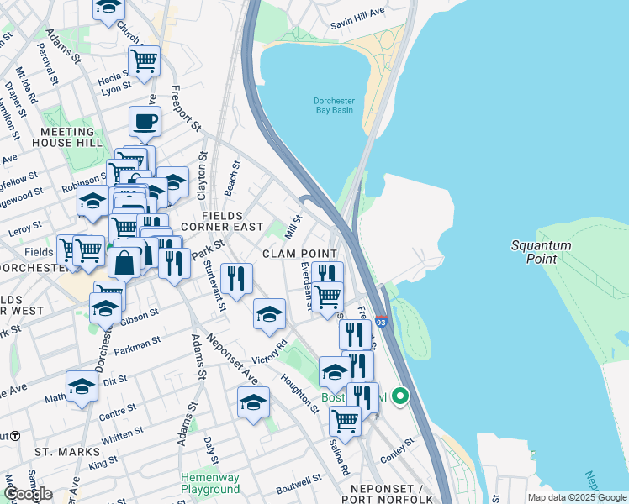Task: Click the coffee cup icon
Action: (x=145, y=122)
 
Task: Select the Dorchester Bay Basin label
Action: (x=329, y=106)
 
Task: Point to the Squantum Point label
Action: (x=542, y=252)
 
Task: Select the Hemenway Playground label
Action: (x=210, y=483)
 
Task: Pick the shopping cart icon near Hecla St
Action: (x=144, y=60)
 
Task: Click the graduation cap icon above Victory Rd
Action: (x=269, y=314)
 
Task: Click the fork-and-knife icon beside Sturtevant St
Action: (x=236, y=277)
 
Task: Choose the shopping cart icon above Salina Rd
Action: (x=345, y=418)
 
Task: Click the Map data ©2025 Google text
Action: (x=577, y=497)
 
